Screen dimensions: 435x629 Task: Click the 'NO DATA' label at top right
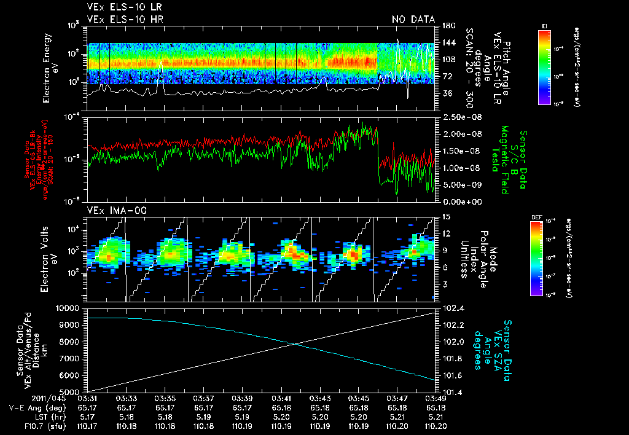(413, 20)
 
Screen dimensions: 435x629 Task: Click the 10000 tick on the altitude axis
(68, 308)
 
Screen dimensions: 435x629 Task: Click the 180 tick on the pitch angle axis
(447, 26)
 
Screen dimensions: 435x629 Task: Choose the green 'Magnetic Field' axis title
(504, 160)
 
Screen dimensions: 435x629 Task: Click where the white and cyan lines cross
(297, 344)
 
